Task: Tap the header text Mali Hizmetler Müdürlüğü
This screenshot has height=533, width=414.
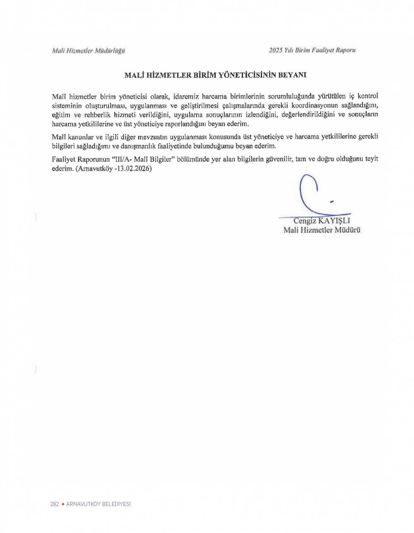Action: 89,51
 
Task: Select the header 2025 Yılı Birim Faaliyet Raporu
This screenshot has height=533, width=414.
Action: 312,50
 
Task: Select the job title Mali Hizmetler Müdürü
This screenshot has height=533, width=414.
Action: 322,230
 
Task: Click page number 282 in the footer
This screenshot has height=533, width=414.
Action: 54,504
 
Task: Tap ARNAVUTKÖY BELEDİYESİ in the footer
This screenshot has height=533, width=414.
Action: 99,504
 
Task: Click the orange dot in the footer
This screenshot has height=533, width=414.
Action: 63,504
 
